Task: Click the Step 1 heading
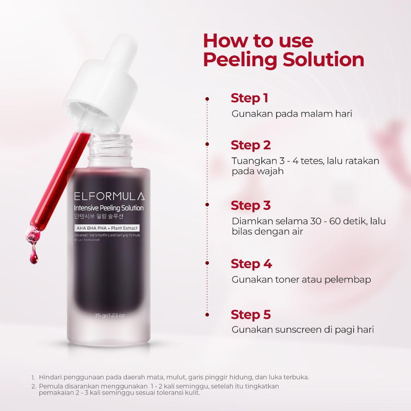coord(249,98)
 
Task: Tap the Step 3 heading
coord(250,205)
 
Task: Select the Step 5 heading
coord(250,315)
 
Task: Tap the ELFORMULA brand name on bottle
coord(109,196)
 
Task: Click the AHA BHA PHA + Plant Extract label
coord(106,228)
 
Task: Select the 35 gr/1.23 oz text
coord(109,315)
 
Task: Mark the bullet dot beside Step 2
coord(207,144)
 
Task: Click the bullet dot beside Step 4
coord(207,263)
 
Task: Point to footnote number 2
coord(34,387)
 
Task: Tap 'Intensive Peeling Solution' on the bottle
coord(108,208)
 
